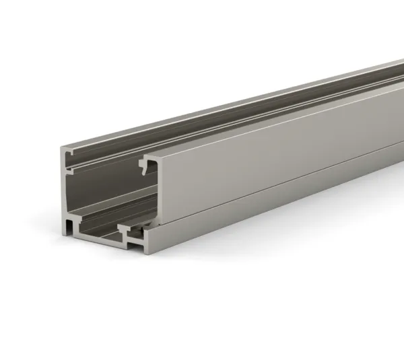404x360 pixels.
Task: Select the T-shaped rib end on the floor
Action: [x=125, y=229]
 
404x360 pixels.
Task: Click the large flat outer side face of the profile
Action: [x=269, y=148]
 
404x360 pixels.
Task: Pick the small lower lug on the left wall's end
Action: [x=69, y=209]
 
